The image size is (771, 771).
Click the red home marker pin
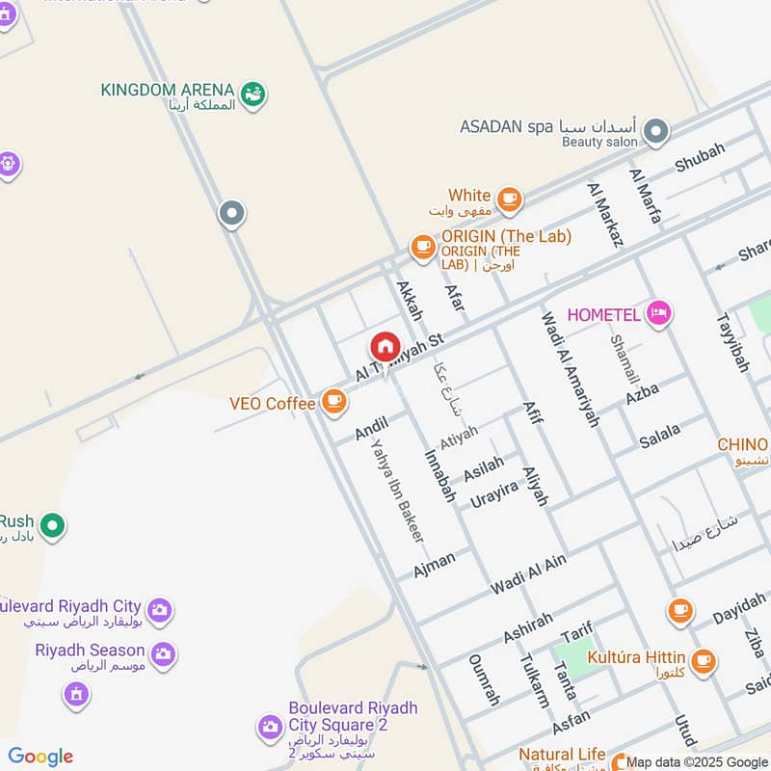pyautogui.click(x=384, y=347)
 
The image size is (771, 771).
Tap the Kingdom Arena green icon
pyautogui.click(x=253, y=94)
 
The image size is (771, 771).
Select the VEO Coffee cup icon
pyautogui.click(x=333, y=402)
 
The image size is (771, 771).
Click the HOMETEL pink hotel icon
pyautogui.click(x=659, y=313)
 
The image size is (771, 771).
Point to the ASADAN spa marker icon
pyautogui.click(x=656, y=131)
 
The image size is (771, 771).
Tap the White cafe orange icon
pyautogui.click(x=510, y=199)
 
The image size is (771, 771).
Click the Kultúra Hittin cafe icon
pyautogui.click(x=704, y=660)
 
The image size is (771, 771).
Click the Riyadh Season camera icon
pyautogui.click(x=163, y=653)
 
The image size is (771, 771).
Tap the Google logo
pyautogui.click(x=40, y=757)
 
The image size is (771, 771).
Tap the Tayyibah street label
pyautogui.click(x=732, y=341)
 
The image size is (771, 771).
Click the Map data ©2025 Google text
pyautogui.click(x=698, y=762)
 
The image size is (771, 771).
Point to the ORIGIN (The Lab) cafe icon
pyautogui.click(x=422, y=247)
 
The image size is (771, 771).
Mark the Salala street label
pyautogui.click(x=659, y=436)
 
